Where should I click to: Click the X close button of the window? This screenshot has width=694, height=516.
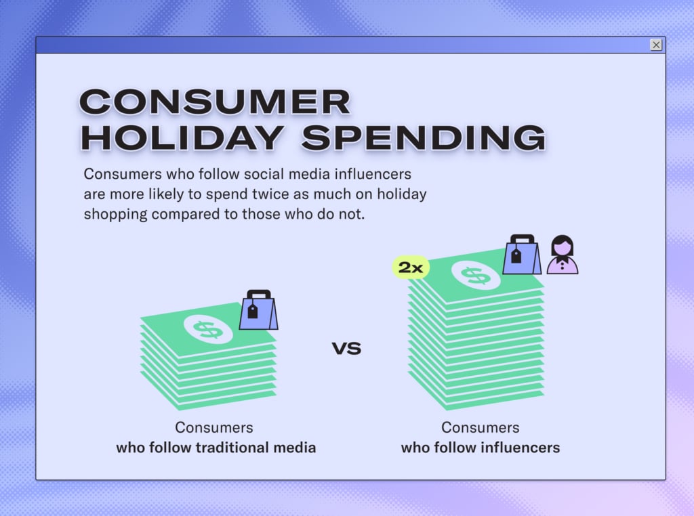656,45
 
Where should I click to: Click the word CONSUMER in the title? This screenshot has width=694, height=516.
215,102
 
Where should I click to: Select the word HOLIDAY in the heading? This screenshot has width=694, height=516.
182,137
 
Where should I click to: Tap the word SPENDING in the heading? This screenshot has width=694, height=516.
424,137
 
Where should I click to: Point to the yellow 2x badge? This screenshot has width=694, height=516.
411,267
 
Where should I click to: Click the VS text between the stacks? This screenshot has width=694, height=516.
346,349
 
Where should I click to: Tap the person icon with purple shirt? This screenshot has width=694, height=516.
562,255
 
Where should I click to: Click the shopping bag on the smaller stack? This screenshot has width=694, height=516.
258,310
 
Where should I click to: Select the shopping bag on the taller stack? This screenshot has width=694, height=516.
522,255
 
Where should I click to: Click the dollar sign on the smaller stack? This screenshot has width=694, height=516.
208,329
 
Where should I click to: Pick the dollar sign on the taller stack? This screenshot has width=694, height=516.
476,275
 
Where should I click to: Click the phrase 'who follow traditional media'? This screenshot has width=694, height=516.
216,448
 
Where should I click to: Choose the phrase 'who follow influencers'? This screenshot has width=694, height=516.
481,448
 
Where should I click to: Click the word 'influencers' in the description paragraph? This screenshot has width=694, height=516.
373,174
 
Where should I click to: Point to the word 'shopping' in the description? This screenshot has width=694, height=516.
115,215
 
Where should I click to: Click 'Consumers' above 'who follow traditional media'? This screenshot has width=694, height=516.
214,427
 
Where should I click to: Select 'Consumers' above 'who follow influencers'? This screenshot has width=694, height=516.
481,427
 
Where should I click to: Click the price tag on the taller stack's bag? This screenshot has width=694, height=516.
516,255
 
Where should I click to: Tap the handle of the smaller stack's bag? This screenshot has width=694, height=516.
258,294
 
